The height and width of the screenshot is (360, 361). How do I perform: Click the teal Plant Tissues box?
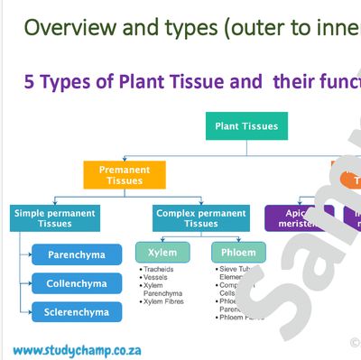[x=247, y=125]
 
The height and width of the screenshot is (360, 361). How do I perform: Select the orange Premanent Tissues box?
[x=125, y=174]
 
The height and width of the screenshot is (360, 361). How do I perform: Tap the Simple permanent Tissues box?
[x=55, y=218]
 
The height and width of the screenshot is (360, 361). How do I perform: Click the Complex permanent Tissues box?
[x=200, y=218]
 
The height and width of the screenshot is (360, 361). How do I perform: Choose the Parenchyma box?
[x=76, y=254]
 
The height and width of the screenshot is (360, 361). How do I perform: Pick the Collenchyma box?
[x=76, y=283]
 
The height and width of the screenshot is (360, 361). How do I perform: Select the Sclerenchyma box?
[x=76, y=312]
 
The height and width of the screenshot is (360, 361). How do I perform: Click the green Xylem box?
[x=162, y=252]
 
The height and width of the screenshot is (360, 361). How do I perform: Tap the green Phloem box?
[x=238, y=252]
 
